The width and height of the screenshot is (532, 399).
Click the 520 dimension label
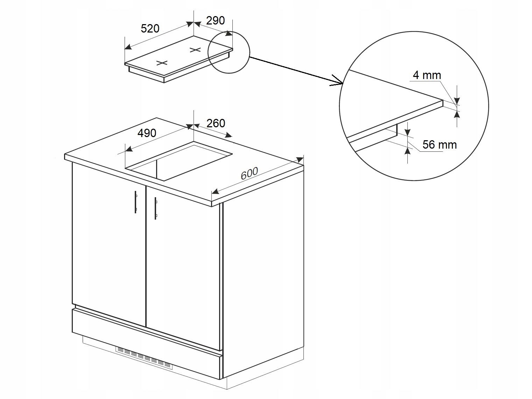click(150, 29)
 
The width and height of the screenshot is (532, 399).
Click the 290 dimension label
click(216, 21)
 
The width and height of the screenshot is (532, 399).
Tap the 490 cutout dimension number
click(147, 133)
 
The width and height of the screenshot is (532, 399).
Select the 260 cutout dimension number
click(216, 123)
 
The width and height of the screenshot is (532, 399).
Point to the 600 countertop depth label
click(249, 173)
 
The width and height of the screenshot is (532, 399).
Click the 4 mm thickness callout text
click(427, 75)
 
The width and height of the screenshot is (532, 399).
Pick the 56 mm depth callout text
click(440, 145)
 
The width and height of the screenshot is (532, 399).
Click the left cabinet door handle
click(136, 202)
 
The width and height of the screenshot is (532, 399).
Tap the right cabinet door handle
click(156, 208)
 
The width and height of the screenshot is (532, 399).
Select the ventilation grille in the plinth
click(145, 356)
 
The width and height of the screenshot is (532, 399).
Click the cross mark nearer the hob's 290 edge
click(195, 50)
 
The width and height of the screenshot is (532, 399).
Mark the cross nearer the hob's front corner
click(162, 63)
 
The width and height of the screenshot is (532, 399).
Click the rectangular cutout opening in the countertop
click(178, 161)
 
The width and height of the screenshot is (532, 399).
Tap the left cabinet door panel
click(109, 244)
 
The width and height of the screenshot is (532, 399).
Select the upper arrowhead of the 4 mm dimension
click(457, 100)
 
